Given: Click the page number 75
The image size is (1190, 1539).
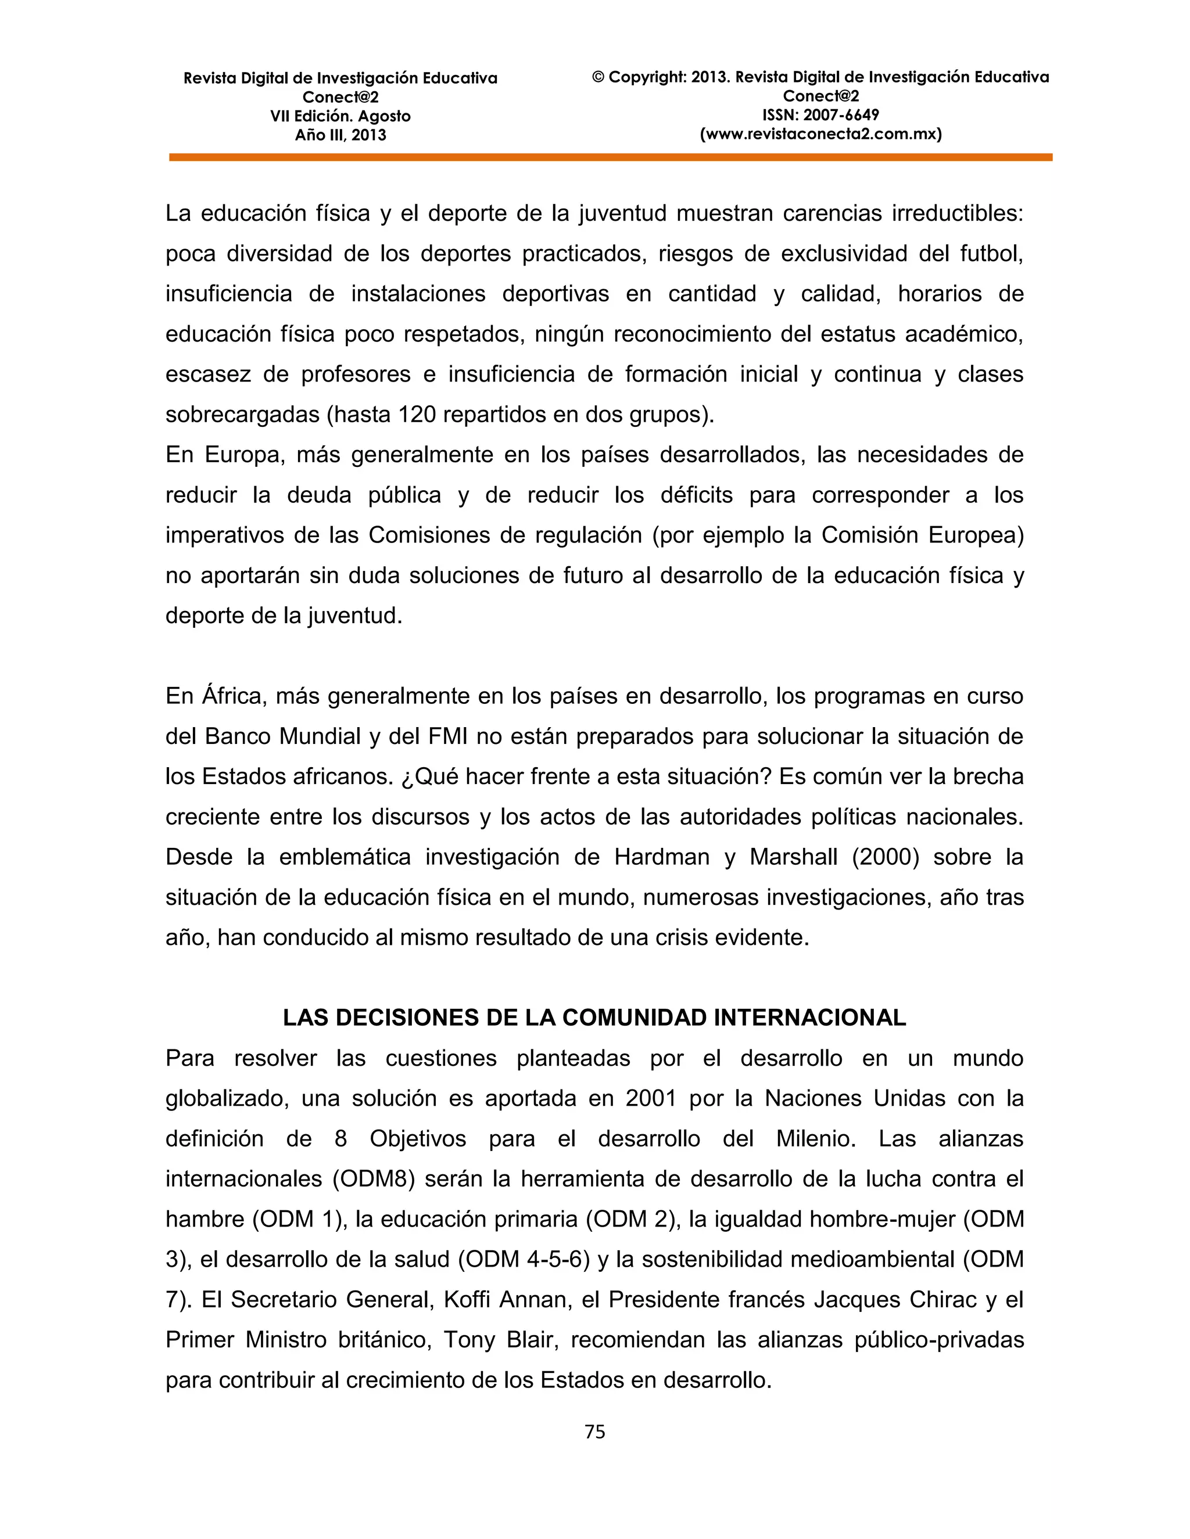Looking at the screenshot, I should tap(594, 1431).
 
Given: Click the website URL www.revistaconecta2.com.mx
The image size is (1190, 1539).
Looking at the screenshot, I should tap(820, 134).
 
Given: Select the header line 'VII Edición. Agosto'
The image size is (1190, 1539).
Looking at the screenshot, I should tap(340, 116).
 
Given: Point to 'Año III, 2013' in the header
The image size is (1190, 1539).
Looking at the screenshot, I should tap(340, 135).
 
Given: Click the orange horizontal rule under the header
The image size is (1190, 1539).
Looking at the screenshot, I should tap(611, 158).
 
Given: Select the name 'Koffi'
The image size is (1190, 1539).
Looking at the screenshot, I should tap(466, 1299).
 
